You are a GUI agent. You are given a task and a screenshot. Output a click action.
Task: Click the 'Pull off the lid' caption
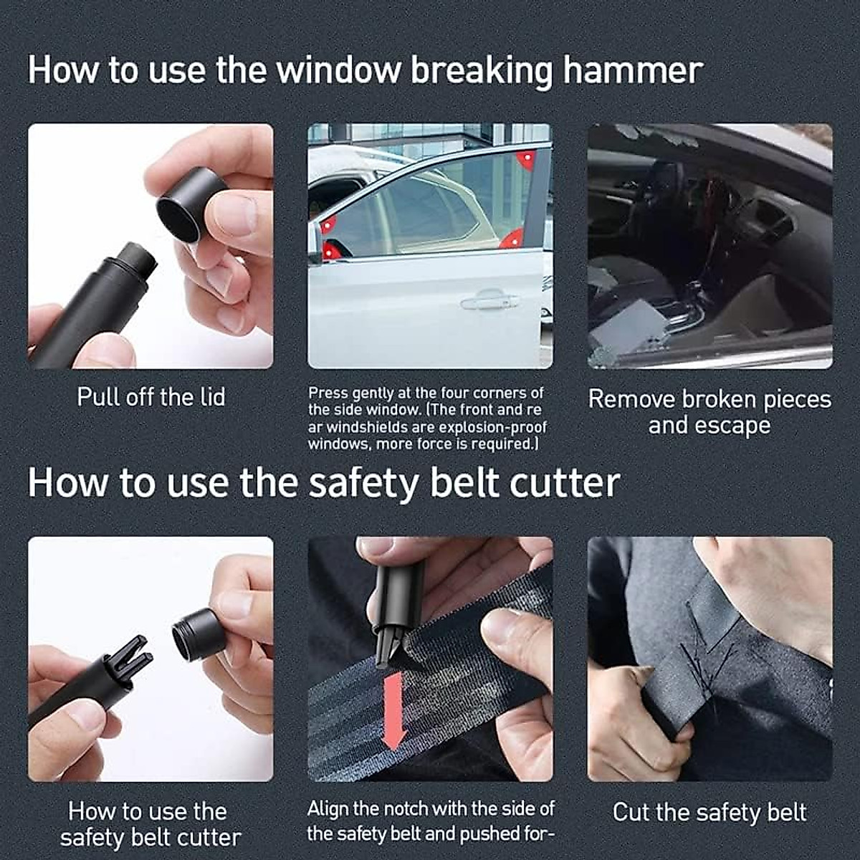point(150,397)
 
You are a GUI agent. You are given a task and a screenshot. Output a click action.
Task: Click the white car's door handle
point(489,302)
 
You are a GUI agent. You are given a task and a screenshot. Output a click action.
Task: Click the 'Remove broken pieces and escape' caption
point(709,412)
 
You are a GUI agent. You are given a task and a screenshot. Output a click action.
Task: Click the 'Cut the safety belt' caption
point(709,812)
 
